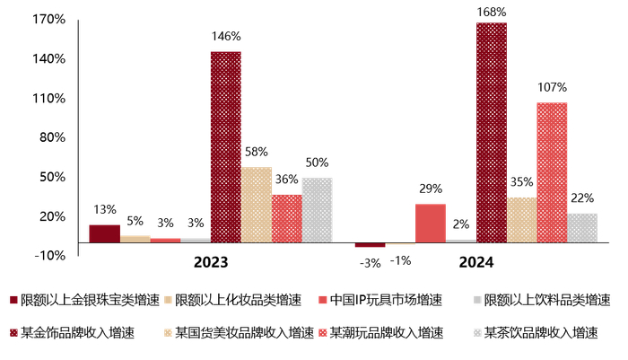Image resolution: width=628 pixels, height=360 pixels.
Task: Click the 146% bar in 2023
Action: click(226, 146)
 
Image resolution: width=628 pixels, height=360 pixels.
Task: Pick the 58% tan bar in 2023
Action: click(257, 205)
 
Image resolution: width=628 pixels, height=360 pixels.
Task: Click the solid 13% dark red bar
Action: click(104, 233)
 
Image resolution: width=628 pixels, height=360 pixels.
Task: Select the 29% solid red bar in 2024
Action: click(430, 224)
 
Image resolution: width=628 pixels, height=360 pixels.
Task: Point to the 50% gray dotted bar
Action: click(317, 210)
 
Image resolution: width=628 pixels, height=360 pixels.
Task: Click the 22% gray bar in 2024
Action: click(582, 228)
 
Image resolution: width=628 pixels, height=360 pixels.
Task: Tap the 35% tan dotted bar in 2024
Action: click(521, 220)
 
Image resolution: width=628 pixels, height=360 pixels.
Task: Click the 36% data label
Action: click(286, 179)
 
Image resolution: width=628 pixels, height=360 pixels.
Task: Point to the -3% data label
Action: click(370, 261)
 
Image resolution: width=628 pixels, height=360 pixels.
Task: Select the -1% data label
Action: click(400, 260)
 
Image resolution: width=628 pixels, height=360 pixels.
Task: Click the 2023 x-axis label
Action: click(211, 263)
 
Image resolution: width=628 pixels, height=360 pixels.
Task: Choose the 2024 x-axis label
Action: click(476, 263)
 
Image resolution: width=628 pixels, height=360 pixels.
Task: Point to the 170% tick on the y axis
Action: click(48, 19)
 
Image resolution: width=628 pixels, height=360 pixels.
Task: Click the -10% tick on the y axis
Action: click(48, 256)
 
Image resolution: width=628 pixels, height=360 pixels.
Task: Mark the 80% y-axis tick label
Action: click(52, 137)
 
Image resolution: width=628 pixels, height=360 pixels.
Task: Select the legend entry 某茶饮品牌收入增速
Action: click(540, 332)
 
